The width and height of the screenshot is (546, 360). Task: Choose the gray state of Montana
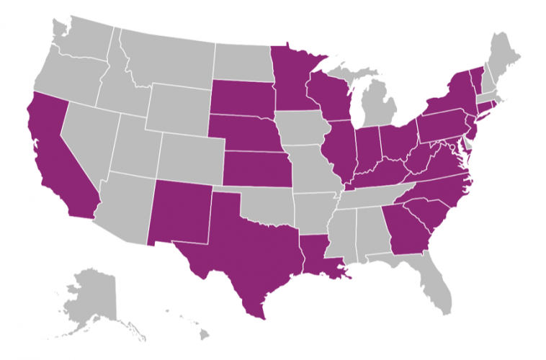point(166,58)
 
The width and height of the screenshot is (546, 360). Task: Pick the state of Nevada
point(90,137)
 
